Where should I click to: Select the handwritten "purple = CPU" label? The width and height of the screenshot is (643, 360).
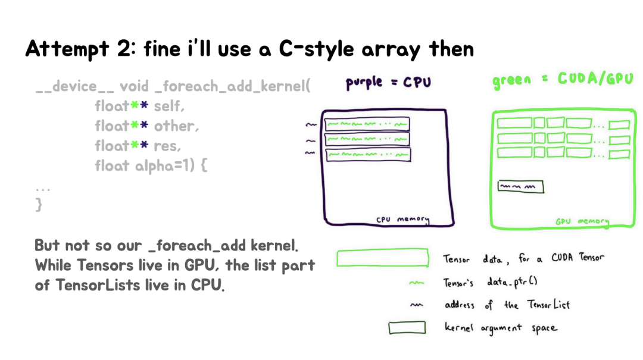pos(388,83)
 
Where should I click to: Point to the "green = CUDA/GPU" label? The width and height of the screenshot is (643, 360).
pos(563,80)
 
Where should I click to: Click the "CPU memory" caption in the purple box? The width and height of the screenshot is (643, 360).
pos(402,220)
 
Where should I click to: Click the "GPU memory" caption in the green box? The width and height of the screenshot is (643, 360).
pos(582,221)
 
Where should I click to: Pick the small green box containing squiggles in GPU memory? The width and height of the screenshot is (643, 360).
pos(520,187)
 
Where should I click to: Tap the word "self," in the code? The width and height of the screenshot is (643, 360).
pos(170,107)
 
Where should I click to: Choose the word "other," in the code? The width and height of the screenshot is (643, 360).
pos(177,126)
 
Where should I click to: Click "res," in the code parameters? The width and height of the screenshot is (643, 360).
pos(167,146)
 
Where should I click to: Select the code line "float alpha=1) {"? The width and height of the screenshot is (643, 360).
pos(151,165)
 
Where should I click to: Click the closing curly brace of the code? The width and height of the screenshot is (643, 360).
pos(39,205)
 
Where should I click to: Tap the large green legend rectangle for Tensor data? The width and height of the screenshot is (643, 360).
pos(383,258)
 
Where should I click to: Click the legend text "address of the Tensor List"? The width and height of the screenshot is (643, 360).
pos(507,305)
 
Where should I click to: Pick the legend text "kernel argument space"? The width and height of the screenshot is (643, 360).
pos(501,328)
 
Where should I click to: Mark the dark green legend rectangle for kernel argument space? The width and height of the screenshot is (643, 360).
pos(407,328)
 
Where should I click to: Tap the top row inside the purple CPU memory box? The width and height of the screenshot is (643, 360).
pos(367,124)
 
